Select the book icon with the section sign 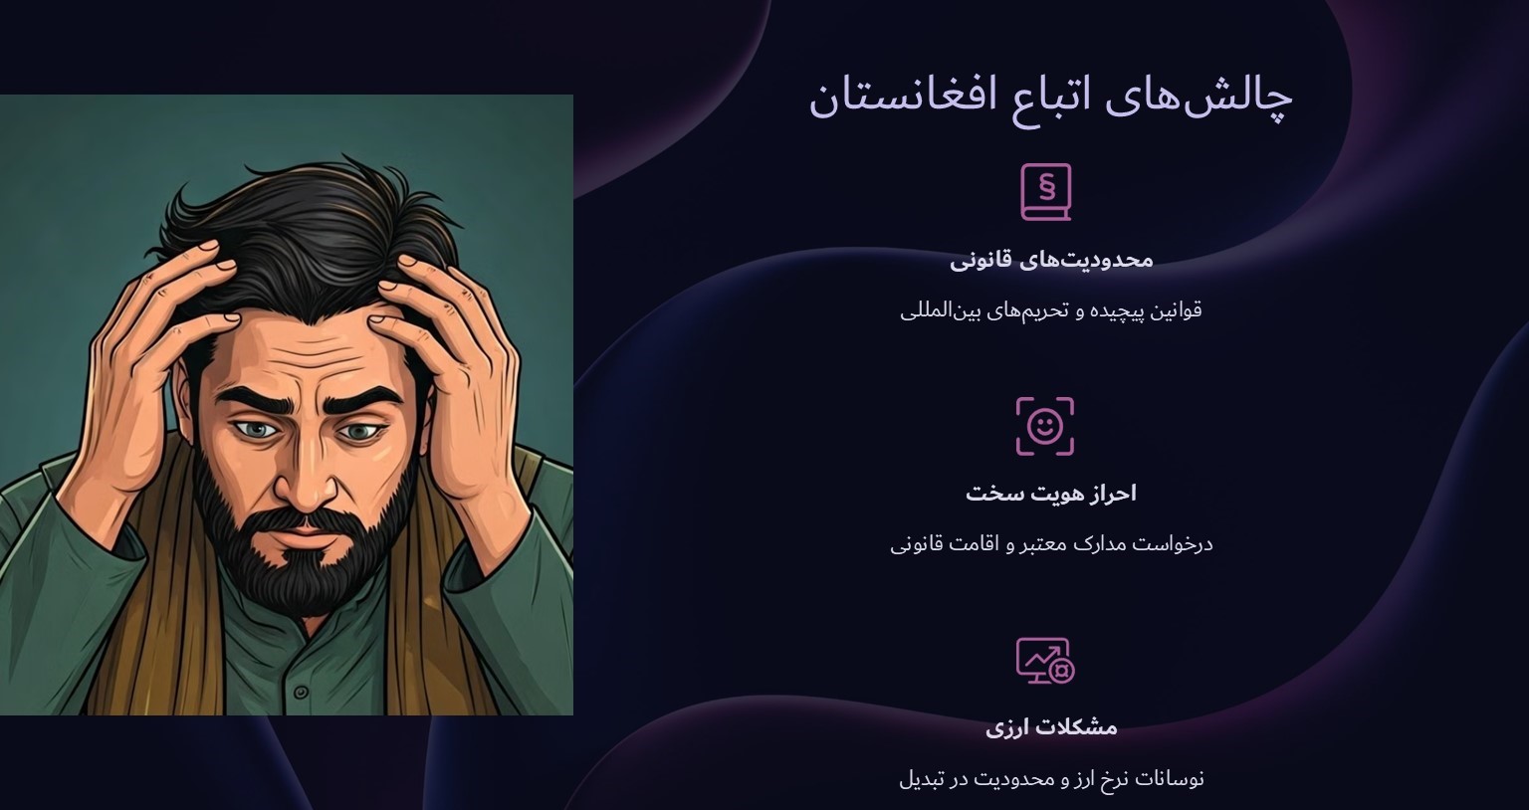point(1045,191)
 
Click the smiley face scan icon point(1044,426)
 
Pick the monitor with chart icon point(1044,661)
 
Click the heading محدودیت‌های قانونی point(1051,260)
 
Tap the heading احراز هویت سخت point(1051,494)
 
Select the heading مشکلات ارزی point(1051,727)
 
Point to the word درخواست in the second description point(1175,544)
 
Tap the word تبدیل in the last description point(921,778)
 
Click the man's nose point(300,478)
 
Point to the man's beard point(299,567)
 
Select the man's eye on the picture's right point(361,431)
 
